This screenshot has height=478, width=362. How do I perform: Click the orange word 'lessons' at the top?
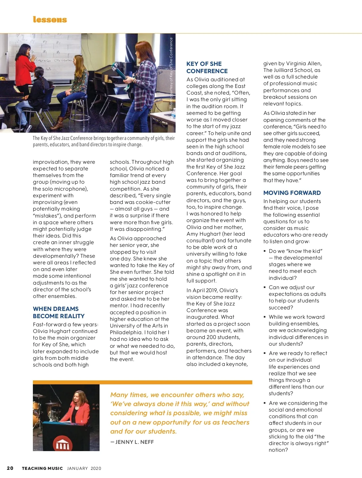click(50, 20)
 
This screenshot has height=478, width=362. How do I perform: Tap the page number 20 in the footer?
click(10, 468)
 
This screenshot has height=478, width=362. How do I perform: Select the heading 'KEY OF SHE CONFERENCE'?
click(207, 67)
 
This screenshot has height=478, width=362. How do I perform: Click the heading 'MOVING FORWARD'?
click(292, 193)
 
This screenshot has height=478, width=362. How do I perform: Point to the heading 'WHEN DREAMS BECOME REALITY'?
click(59, 312)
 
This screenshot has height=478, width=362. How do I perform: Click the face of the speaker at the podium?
click(78, 396)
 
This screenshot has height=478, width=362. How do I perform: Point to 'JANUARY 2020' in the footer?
click(84, 468)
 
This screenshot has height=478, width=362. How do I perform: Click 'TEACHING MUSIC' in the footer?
click(42, 468)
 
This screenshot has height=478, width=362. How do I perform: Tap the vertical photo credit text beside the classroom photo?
click(171, 73)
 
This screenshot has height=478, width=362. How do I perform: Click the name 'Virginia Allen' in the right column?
click(303, 63)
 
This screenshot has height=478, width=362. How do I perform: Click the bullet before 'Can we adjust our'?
click(265, 287)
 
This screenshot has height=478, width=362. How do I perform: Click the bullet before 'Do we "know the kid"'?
click(265, 251)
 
